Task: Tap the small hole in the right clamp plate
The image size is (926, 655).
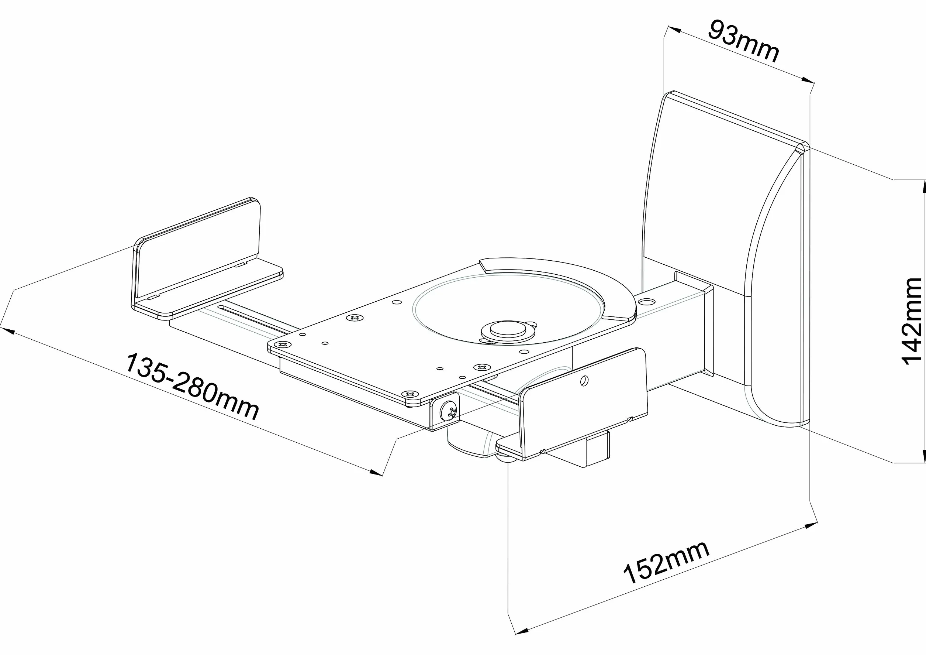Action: (x=583, y=380)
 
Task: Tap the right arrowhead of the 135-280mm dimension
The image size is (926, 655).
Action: (x=375, y=471)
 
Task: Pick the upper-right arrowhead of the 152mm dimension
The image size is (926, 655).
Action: (x=810, y=526)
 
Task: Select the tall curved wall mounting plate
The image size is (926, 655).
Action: (x=726, y=258)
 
